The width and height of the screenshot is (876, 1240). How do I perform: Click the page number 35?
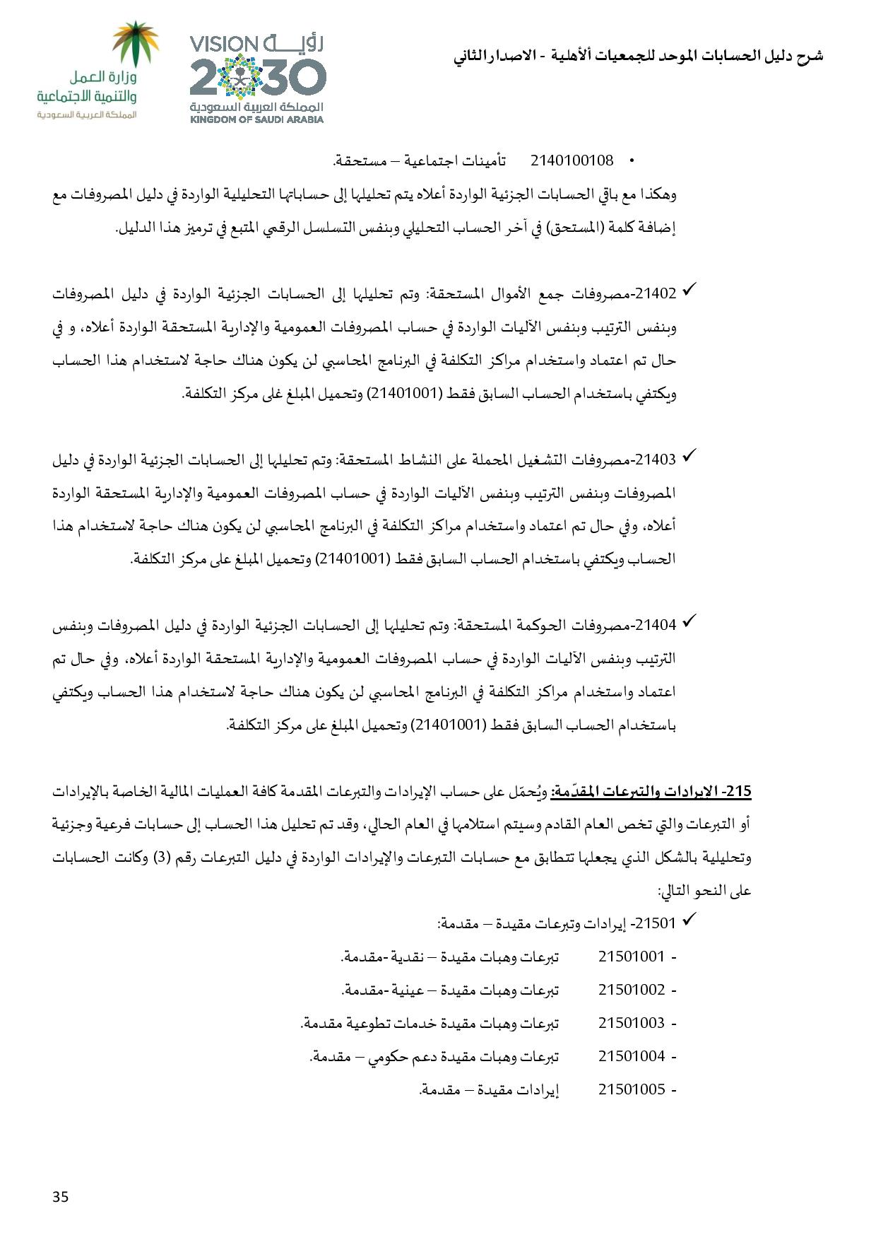[x=60, y=1196]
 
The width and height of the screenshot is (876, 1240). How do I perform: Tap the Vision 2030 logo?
[x=257, y=78]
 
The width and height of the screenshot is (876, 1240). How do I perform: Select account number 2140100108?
[x=572, y=160]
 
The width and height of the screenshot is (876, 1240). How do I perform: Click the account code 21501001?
[x=632, y=957]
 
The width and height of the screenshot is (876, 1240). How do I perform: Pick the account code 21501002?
[x=632, y=990]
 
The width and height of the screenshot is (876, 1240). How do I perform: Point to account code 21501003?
[x=632, y=1023]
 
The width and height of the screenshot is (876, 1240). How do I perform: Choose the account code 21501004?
[x=632, y=1056]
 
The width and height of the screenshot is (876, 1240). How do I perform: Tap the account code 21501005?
[x=632, y=1089]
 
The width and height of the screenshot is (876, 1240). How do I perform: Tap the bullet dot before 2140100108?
[x=632, y=162]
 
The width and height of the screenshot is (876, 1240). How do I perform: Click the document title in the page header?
[x=638, y=57]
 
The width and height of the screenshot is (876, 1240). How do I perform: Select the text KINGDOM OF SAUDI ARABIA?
[x=256, y=119]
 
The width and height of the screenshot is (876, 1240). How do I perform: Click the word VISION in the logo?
[x=227, y=45]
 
